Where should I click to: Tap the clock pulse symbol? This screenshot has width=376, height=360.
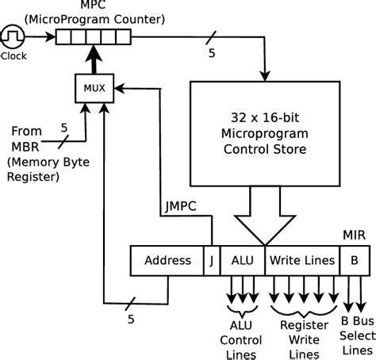(x=13, y=36)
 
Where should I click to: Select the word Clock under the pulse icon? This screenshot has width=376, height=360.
(x=13, y=56)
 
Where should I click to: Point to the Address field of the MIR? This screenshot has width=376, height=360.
(x=167, y=260)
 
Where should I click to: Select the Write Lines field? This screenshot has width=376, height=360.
(x=301, y=260)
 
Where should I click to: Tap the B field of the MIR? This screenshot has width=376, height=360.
(x=353, y=260)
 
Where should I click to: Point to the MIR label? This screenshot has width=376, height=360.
(x=354, y=235)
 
